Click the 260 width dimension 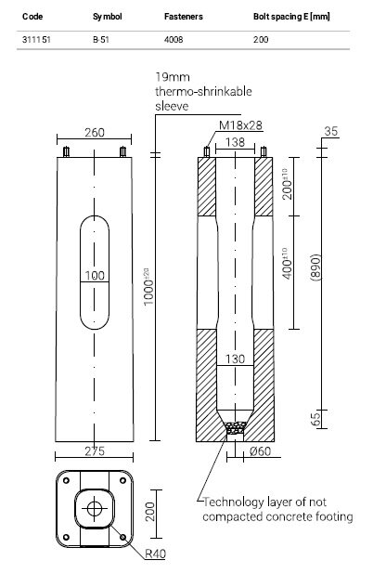pos(93,133)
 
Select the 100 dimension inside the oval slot pos(93,276)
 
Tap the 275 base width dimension pos(93,452)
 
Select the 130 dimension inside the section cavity pos(236,359)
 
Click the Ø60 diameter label pos(261,452)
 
